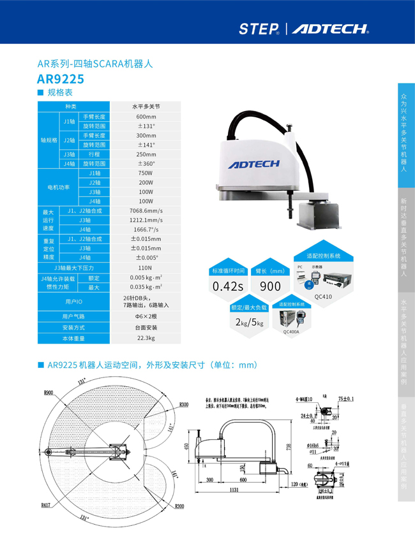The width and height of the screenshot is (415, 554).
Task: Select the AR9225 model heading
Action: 61,79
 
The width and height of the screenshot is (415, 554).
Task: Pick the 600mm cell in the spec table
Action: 146,117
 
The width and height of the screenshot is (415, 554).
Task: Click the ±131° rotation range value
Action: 146,126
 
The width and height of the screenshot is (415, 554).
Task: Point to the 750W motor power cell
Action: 146,173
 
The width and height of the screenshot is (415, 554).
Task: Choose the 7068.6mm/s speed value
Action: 146,210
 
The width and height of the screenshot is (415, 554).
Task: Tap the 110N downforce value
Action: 146,268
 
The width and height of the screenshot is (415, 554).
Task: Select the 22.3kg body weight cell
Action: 146,338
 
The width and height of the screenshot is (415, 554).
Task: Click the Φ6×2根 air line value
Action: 146,316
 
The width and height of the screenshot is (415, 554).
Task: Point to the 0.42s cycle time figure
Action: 228,286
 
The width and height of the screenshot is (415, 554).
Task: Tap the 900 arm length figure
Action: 270,286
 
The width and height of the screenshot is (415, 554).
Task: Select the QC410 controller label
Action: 323,296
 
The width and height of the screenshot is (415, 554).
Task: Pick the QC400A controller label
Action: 290,332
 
